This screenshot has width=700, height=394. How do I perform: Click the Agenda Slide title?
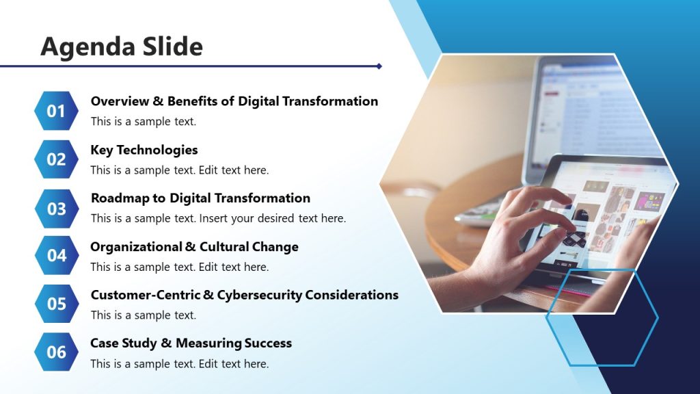point(122,47)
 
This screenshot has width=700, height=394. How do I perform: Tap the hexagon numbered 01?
point(56,111)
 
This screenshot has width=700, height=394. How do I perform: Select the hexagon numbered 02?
point(56,159)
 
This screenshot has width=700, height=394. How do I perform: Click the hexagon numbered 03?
point(56,208)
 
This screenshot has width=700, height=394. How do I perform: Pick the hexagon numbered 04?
point(56,256)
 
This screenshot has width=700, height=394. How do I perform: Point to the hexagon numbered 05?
point(56,304)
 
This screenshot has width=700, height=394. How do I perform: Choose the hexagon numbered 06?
point(56,352)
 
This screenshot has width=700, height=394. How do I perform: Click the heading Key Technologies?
point(144,150)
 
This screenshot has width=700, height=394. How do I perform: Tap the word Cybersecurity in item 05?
point(259,295)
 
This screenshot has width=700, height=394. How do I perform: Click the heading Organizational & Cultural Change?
point(194,247)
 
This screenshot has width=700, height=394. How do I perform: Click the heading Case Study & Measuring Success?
point(191,343)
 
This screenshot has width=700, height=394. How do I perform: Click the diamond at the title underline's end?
point(379,66)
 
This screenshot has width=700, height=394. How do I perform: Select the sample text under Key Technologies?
point(179,170)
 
